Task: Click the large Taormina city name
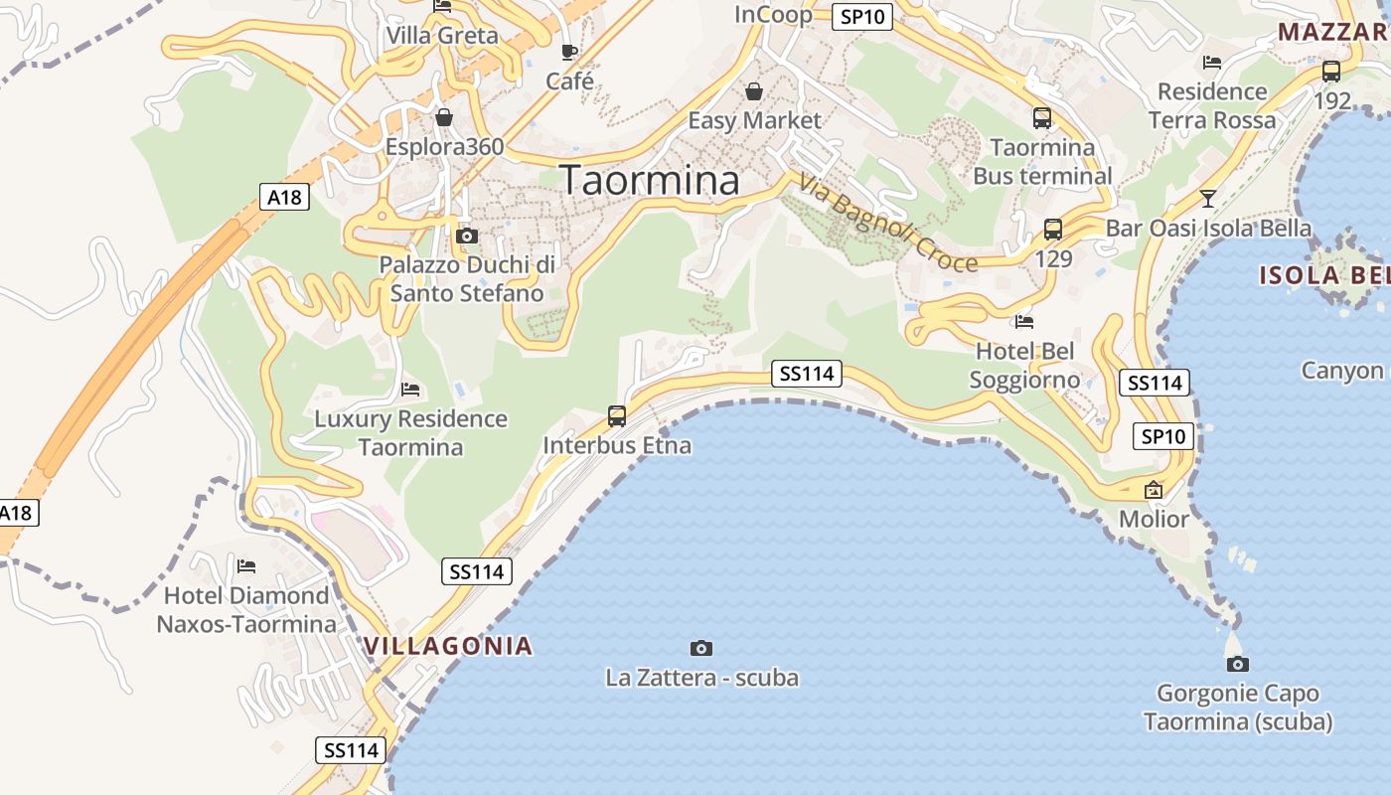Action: click(651, 180)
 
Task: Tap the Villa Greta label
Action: click(442, 36)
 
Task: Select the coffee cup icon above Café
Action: click(569, 52)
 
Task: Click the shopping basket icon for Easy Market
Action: click(754, 92)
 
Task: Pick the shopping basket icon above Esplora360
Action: click(444, 118)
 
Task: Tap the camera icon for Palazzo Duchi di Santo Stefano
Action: click(466, 236)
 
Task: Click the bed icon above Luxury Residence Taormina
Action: click(410, 389)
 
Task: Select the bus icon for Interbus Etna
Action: click(617, 416)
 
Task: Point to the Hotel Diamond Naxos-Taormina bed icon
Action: click(246, 566)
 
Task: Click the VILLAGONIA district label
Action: click(448, 646)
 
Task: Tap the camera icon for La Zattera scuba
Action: click(701, 648)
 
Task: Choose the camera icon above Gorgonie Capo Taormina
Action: click(1238, 664)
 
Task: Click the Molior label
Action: click(1154, 519)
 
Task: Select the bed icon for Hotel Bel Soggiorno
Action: click(1024, 321)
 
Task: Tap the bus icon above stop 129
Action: click(1053, 230)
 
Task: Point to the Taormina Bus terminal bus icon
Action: click(1042, 118)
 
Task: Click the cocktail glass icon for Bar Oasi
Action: click(1207, 198)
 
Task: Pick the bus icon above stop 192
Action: click(1331, 72)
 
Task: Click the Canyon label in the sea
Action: click(1342, 371)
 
